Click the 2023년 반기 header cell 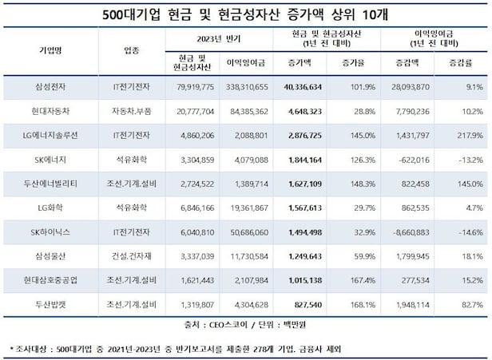[218, 38]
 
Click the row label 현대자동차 [50, 110]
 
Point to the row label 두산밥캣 [50, 304]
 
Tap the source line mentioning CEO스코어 [246, 326]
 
